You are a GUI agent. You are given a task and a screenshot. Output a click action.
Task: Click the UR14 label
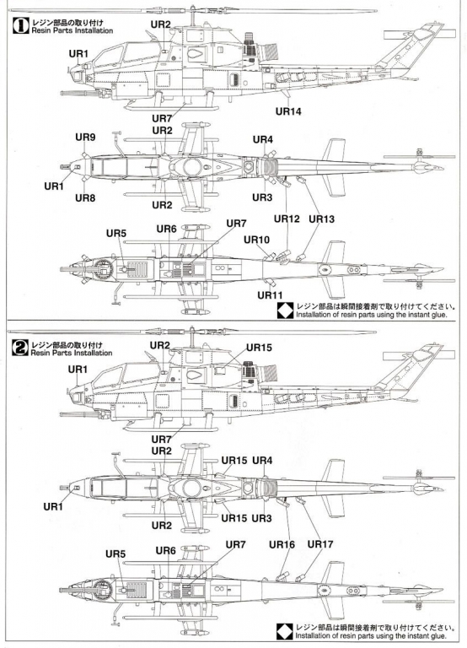pos(288,111)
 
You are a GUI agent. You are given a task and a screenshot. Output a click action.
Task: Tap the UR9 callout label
pos(85,138)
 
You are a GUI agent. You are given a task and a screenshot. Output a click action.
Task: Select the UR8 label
pos(85,198)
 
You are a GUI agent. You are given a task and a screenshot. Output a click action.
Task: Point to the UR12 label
pos(287,219)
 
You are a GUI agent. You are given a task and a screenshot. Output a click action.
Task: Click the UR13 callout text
pos(322,219)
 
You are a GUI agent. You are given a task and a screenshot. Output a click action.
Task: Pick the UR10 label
pos(256,240)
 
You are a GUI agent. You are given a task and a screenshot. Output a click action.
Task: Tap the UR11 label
pos(270,295)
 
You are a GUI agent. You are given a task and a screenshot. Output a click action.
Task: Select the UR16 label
pos(282,545)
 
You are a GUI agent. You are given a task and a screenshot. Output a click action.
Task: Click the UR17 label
pos(320,544)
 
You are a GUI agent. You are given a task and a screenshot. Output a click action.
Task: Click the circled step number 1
pos(20,25)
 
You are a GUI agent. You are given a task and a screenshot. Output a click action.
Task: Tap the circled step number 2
pos(20,348)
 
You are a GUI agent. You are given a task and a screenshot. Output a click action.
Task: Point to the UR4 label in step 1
pos(263,140)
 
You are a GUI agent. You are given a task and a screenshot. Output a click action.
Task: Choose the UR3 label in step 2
pos(262,518)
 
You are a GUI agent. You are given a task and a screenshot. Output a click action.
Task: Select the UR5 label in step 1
pos(116,233)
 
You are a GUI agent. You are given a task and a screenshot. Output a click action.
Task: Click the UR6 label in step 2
pos(165,550)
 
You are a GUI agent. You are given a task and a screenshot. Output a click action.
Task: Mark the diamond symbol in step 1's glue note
pos(285,310)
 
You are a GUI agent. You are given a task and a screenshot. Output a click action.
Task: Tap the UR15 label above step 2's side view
pos(259,348)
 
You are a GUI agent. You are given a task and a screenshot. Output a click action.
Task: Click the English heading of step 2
pos(72,353)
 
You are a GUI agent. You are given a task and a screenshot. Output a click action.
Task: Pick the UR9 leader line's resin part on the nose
pos(84,154)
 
